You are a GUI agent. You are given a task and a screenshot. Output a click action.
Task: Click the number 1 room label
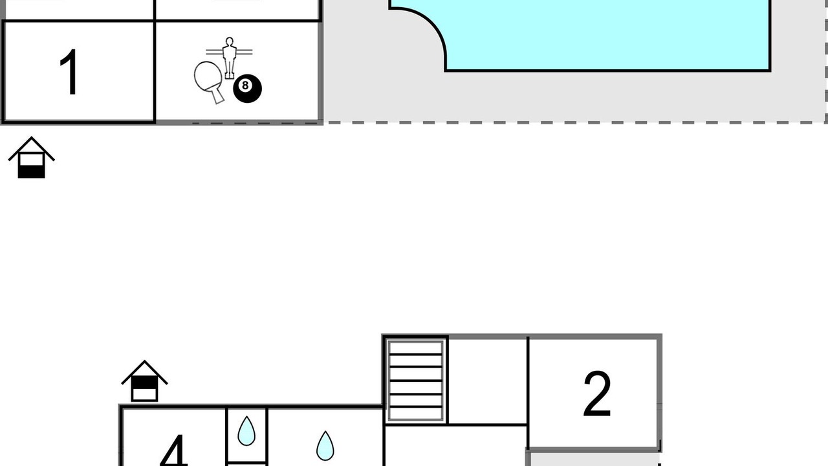[69, 72]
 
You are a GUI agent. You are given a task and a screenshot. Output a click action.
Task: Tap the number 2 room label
[597, 394]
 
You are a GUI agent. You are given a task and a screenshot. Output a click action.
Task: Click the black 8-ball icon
[247, 89]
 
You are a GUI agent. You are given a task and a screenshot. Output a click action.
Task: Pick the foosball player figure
[229, 58]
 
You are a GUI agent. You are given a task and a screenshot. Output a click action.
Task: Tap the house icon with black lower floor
[32, 157]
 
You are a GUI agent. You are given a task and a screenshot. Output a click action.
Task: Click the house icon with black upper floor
[144, 381]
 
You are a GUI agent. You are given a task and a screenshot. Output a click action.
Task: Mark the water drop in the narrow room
[246, 431]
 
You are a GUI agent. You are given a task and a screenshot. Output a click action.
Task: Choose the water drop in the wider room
[325, 446]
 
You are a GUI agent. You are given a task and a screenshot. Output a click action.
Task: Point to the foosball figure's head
[229, 41]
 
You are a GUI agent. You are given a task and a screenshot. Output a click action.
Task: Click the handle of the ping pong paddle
[218, 96]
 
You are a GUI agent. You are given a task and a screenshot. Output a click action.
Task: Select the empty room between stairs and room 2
[488, 381]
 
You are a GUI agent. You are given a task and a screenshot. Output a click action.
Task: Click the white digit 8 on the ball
[245, 85]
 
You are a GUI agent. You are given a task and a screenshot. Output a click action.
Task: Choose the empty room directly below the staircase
[455, 446]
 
